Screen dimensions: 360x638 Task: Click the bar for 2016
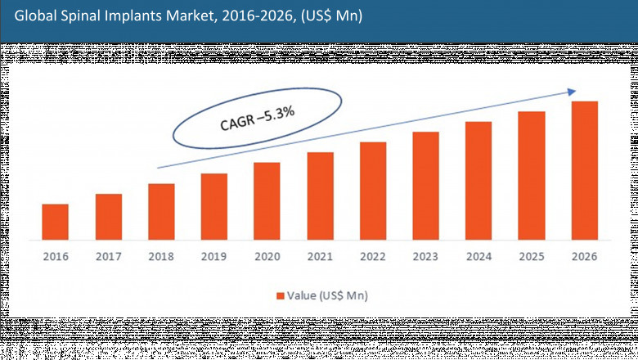pos(56,222)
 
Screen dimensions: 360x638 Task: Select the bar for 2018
pos(161,212)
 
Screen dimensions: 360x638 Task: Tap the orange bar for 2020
pos(267,201)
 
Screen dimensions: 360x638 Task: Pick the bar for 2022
pos(373,191)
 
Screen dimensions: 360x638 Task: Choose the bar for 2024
pos(478,181)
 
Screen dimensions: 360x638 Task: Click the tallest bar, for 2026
pos(584,170)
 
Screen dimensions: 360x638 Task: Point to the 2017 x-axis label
pos(109,256)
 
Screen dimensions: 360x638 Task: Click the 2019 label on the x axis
pos(214,256)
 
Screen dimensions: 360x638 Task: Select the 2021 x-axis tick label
pos(320,256)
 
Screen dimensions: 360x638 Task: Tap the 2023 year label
pos(425,256)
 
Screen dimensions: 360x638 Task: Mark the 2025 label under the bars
pos(532,256)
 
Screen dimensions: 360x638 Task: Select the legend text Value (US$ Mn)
pos(325,295)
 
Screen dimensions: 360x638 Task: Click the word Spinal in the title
pos(80,16)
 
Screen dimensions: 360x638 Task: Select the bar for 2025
pos(532,175)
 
